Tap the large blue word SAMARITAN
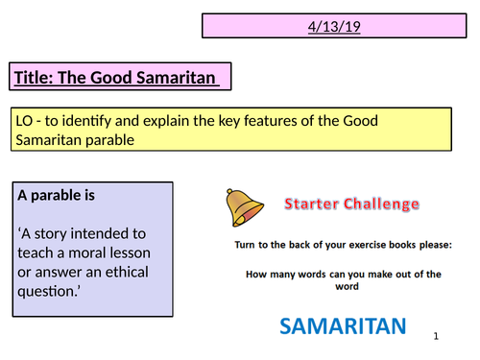coord(338,326)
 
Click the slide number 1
coord(435,337)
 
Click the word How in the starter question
coord(257,274)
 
